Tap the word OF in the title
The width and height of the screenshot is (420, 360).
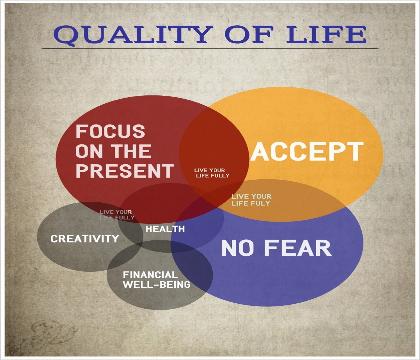(249, 34)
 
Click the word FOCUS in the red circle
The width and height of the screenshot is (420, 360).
(110, 131)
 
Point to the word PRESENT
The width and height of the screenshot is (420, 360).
(125, 171)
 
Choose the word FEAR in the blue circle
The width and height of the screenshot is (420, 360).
(298, 248)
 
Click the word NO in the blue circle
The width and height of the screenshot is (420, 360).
(237, 248)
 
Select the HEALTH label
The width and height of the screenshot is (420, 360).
(165, 229)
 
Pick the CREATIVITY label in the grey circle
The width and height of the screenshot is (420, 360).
(85, 239)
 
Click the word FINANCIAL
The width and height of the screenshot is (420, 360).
(150, 275)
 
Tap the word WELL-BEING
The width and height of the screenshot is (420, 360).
(157, 284)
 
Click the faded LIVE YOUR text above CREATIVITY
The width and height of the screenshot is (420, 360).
(116, 212)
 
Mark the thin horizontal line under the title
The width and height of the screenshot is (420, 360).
(210, 49)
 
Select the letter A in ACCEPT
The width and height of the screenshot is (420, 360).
(260, 151)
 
